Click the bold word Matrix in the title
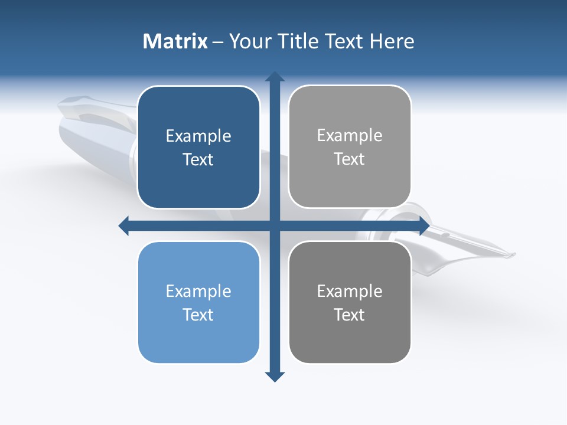[x=175, y=41]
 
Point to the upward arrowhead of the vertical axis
[x=275, y=77]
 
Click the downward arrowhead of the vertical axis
[x=275, y=376]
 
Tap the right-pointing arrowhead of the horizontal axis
[x=423, y=225]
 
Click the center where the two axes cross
[x=275, y=225]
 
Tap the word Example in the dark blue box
[x=198, y=136]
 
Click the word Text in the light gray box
[x=350, y=159]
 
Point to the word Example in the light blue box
[x=198, y=291]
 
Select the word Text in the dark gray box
[x=350, y=315]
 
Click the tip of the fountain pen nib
[x=513, y=255]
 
